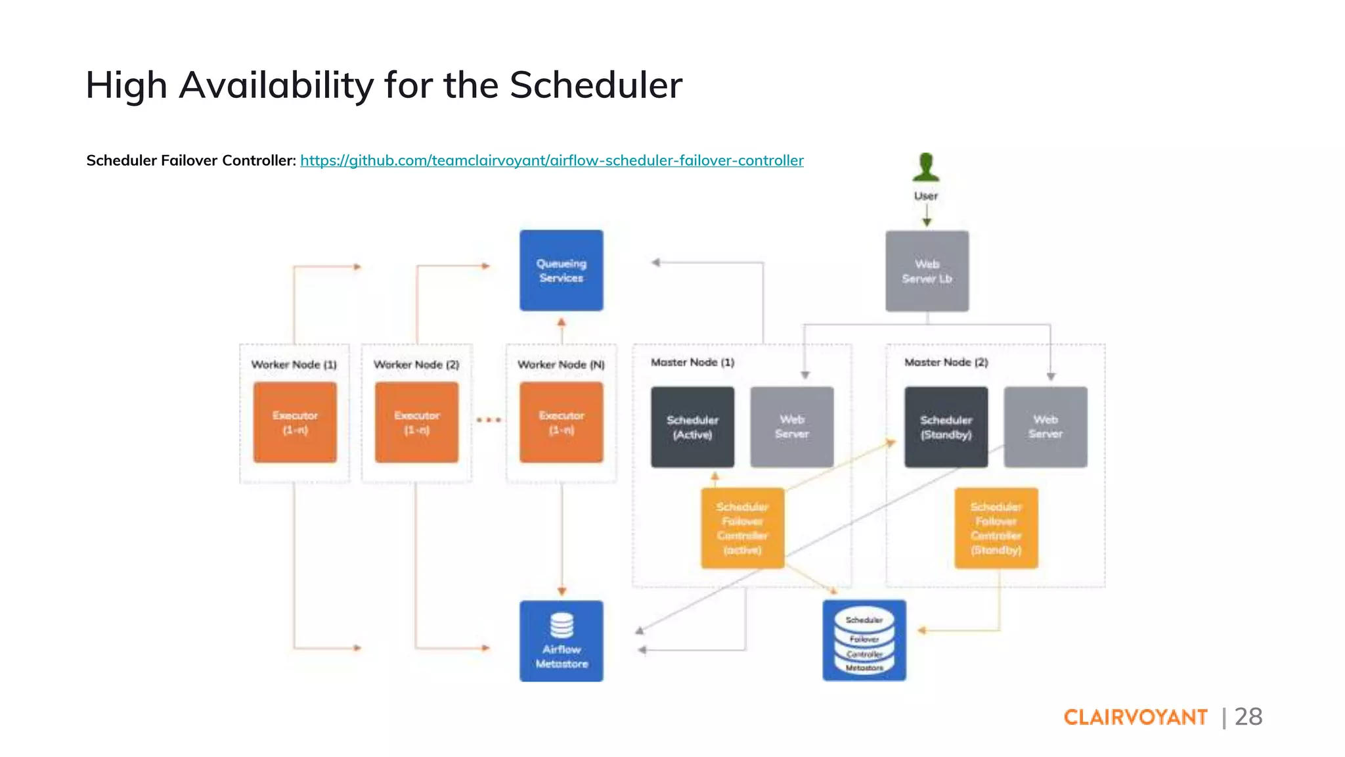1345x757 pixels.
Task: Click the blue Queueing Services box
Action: (x=561, y=270)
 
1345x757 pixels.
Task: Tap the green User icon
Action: (x=926, y=167)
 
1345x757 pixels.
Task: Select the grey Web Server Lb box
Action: (x=927, y=271)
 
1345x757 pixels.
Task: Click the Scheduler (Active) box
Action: (x=692, y=427)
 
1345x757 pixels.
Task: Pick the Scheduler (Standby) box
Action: (x=946, y=427)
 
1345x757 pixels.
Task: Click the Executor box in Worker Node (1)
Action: (x=295, y=423)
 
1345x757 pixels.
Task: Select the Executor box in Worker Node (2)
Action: (x=416, y=423)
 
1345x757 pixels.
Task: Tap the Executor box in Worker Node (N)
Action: (x=561, y=423)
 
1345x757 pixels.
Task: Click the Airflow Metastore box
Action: (x=561, y=641)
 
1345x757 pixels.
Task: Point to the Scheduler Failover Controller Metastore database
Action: (x=864, y=641)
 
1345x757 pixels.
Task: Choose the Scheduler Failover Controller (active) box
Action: (x=742, y=528)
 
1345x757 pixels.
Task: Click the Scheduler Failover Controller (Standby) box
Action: (x=996, y=528)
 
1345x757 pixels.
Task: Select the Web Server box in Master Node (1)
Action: (x=792, y=427)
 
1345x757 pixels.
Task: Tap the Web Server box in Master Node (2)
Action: (x=1046, y=427)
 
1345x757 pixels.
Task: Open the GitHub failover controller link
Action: (x=552, y=160)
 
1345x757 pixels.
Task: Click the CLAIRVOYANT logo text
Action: (x=1136, y=717)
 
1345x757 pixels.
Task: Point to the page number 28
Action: (x=1248, y=716)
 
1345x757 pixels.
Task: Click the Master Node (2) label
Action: (x=946, y=362)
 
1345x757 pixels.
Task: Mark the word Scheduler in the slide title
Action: (x=596, y=85)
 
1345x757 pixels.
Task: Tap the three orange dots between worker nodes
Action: (x=489, y=420)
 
